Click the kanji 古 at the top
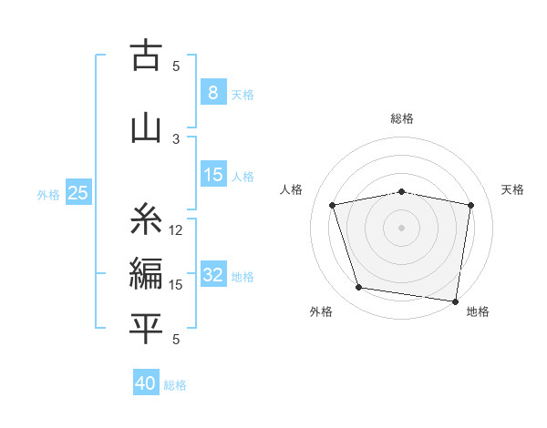tap(146, 56)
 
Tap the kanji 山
tap(146, 127)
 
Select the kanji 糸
tap(146, 220)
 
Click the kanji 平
tap(146, 328)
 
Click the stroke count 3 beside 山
tap(176, 138)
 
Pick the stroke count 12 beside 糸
tap(176, 230)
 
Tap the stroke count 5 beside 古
tap(176, 66)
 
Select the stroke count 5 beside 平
tap(176, 340)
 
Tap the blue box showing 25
tap(77, 193)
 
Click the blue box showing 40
tap(145, 383)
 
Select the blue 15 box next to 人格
tap(213, 175)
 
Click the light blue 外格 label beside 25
tap(48, 194)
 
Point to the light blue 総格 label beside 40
tap(175, 385)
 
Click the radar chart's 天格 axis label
tap(513, 189)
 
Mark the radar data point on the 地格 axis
tap(456, 301)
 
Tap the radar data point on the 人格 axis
tap(333, 205)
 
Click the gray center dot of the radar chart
tap(402, 227)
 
